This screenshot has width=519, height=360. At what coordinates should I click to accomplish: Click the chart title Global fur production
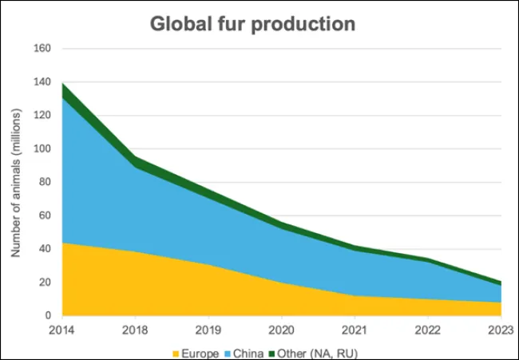pyautogui.click(x=252, y=24)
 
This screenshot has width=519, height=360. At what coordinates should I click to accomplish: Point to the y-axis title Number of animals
pyautogui.click(x=15, y=182)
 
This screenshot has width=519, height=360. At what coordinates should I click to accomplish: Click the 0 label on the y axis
pyautogui.click(x=47, y=316)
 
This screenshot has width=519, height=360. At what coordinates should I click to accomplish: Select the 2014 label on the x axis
pyautogui.click(x=62, y=329)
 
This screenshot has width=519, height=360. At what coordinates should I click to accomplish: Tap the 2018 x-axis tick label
pyautogui.click(x=135, y=329)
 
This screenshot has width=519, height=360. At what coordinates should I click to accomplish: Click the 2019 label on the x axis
pyautogui.click(x=208, y=329)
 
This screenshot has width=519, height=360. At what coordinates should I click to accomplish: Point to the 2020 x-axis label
pyautogui.click(x=282, y=329)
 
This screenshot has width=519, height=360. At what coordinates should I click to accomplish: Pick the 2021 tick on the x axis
pyautogui.click(x=355, y=329)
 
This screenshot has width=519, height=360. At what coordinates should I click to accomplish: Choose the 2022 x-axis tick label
pyautogui.click(x=428, y=329)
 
